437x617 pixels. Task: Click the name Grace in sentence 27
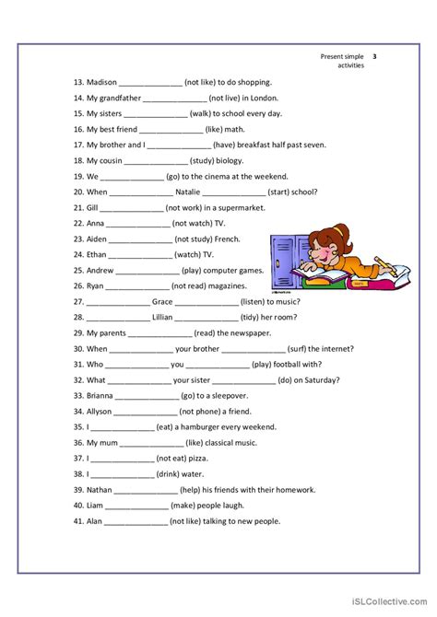[162, 301]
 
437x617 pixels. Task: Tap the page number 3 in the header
[375, 56]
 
